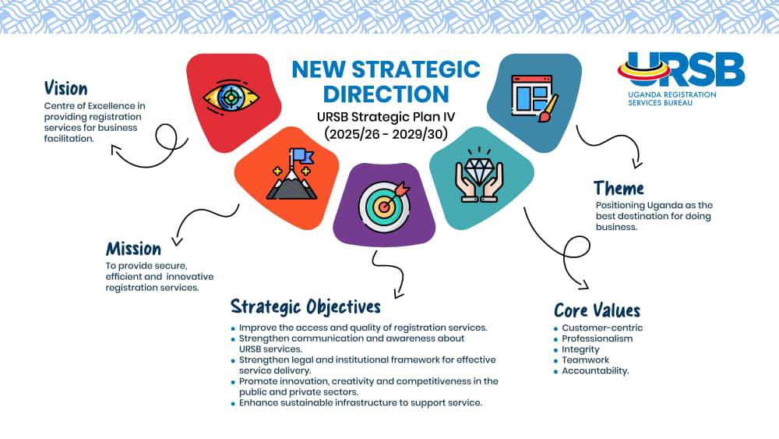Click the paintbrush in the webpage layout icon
tap(548, 108)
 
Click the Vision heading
tap(65, 88)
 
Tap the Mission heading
tap(133, 249)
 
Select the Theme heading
tap(619, 189)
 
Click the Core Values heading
tap(597, 310)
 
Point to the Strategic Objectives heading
tap(305, 306)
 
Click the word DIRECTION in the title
tap(386, 94)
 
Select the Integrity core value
tap(580, 349)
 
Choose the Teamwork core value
tap(585, 360)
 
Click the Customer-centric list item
tap(602, 328)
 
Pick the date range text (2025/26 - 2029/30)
tap(386, 134)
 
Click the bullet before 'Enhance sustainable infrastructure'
tap(233, 404)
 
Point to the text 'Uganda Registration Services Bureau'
tap(671, 98)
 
